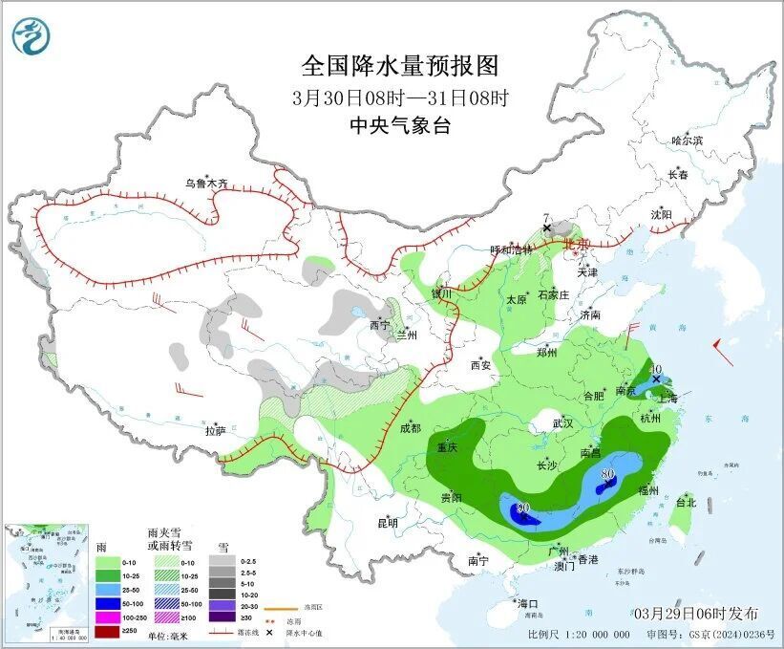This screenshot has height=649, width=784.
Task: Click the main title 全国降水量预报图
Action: click(x=400, y=66)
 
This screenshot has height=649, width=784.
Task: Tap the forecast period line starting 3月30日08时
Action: click(x=400, y=97)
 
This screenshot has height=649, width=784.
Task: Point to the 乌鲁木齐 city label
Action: click(x=207, y=183)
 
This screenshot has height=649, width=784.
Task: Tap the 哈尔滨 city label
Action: click(x=686, y=141)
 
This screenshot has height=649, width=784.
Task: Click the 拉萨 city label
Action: click(x=216, y=431)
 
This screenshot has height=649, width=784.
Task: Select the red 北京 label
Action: click(x=578, y=245)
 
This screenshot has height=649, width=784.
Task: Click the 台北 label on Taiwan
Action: click(x=686, y=502)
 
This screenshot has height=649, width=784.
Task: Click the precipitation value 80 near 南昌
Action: click(x=607, y=473)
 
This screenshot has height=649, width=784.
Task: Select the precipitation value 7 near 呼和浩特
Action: click(x=545, y=218)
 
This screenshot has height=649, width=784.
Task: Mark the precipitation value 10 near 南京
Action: click(x=656, y=369)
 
